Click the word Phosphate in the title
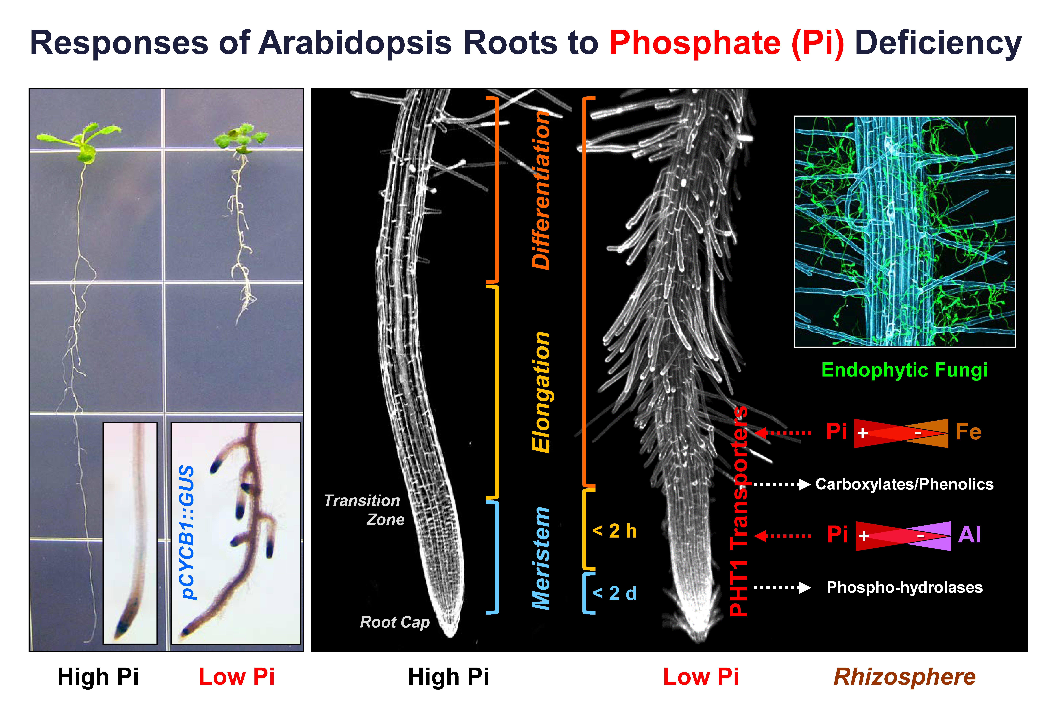pyautogui.click(x=694, y=43)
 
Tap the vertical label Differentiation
pyautogui.click(x=541, y=191)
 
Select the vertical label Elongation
pyautogui.click(x=541, y=392)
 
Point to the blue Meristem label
pyautogui.click(x=541, y=558)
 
